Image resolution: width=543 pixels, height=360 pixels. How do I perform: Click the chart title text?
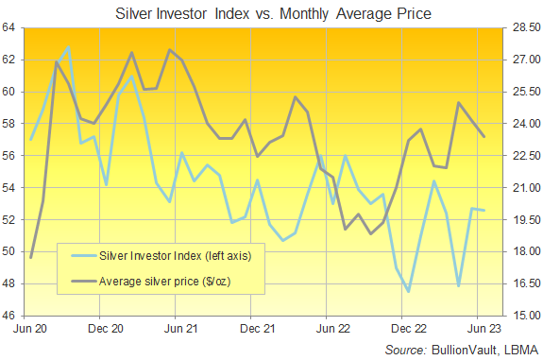tap(273, 14)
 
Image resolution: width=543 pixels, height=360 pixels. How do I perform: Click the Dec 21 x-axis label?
tap(251, 330)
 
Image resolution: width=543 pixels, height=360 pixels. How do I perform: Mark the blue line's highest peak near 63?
tap(68, 46)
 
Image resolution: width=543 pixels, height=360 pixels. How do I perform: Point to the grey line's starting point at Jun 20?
tap(31, 257)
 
